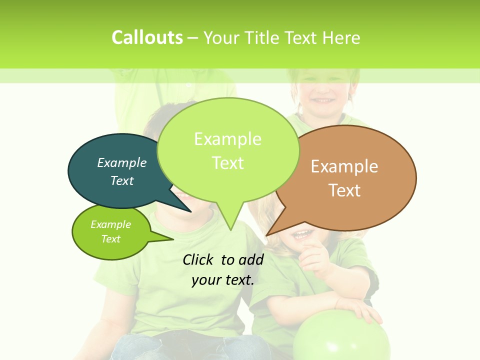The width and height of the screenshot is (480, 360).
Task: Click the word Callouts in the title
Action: click(147, 37)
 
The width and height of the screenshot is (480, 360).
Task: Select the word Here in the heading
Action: click(341, 38)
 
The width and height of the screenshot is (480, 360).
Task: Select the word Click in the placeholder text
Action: click(198, 259)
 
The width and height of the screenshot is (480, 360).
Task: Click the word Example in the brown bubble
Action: click(344, 166)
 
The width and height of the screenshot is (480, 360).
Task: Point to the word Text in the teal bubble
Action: click(122, 181)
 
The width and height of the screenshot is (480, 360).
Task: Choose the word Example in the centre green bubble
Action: click(227, 139)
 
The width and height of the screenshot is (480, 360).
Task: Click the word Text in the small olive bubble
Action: click(111, 239)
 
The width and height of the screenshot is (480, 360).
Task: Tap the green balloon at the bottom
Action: click(341, 340)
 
